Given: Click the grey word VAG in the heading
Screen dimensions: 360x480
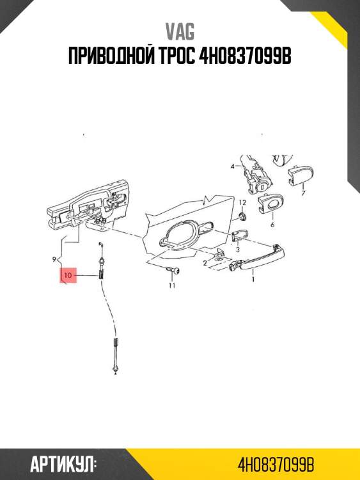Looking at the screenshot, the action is (180, 32).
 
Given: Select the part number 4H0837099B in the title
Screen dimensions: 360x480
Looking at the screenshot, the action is (245, 56).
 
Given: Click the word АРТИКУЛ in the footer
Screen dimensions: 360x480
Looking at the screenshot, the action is (62, 465).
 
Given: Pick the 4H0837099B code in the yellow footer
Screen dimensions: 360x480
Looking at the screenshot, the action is (276, 465).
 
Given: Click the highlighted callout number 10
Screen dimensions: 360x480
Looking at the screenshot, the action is (68, 275).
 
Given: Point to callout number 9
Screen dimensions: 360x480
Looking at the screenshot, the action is (54, 260).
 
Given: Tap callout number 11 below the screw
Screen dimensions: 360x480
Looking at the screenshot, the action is (172, 285).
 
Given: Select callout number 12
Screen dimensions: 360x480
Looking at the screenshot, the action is (242, 202).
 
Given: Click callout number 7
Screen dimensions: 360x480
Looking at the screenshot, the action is (303, 193).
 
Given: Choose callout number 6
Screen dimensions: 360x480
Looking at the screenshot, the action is (272, 225).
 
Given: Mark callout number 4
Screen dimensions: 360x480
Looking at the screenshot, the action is (233, 166).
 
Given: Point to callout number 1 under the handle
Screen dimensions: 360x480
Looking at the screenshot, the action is (253, 279).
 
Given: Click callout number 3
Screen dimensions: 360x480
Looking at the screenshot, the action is (238, 250).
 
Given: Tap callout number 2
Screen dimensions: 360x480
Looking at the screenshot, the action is (205, 262).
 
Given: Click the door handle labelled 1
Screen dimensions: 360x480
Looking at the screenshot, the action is (257, 259).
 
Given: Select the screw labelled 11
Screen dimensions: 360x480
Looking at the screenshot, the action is (173, 270).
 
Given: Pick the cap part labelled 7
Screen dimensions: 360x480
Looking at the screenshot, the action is (301, 175).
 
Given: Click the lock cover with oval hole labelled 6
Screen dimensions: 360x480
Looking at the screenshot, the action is (270, 204).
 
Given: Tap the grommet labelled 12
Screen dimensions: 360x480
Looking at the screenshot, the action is (243, 217).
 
